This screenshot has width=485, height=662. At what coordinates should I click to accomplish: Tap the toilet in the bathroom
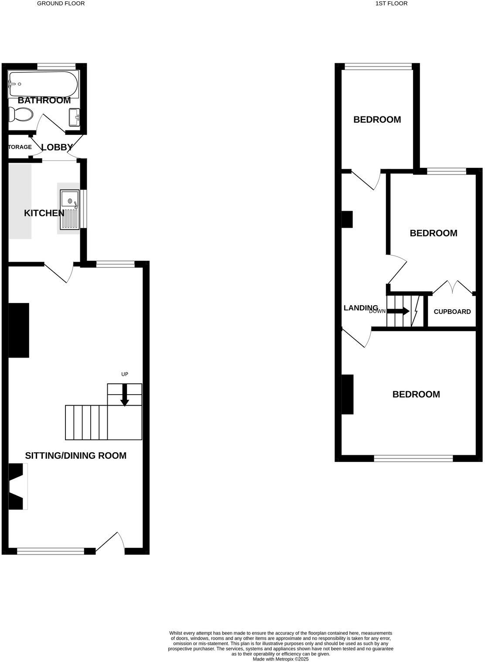[x=21, y=115]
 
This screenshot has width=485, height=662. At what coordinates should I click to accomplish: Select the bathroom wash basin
[x=75, y=117]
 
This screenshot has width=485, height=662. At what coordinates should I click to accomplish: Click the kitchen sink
[x=70, y=209]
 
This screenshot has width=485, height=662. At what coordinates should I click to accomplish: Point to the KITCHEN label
[x=44, y=213]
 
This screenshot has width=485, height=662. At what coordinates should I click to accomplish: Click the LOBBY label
[x=57, y=147]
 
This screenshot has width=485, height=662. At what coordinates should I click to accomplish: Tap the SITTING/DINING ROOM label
[x=76, y=456]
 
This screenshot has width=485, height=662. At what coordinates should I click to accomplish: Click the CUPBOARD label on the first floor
[x=452, y=312]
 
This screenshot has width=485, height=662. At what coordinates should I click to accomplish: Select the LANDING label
[x=361, y=308]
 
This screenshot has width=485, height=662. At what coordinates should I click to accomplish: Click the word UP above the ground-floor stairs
[x=125, y=374]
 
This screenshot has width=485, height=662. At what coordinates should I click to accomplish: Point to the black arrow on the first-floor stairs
[x=399, y=311]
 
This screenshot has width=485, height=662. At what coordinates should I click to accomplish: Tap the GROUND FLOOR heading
[x=61, y=3]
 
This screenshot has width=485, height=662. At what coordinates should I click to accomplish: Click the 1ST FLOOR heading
[x=391, y=3]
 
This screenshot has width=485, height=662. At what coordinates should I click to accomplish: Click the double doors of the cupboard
[x=453, y=287]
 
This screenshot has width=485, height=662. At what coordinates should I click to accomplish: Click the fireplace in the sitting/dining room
[x=17, y=486]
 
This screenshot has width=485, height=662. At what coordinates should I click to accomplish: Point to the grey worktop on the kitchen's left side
[x=20, y=201]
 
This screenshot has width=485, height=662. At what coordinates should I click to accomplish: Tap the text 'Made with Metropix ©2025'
[x=281, y=659]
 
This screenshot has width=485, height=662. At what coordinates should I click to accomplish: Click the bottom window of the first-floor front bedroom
[x=413, y=458]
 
